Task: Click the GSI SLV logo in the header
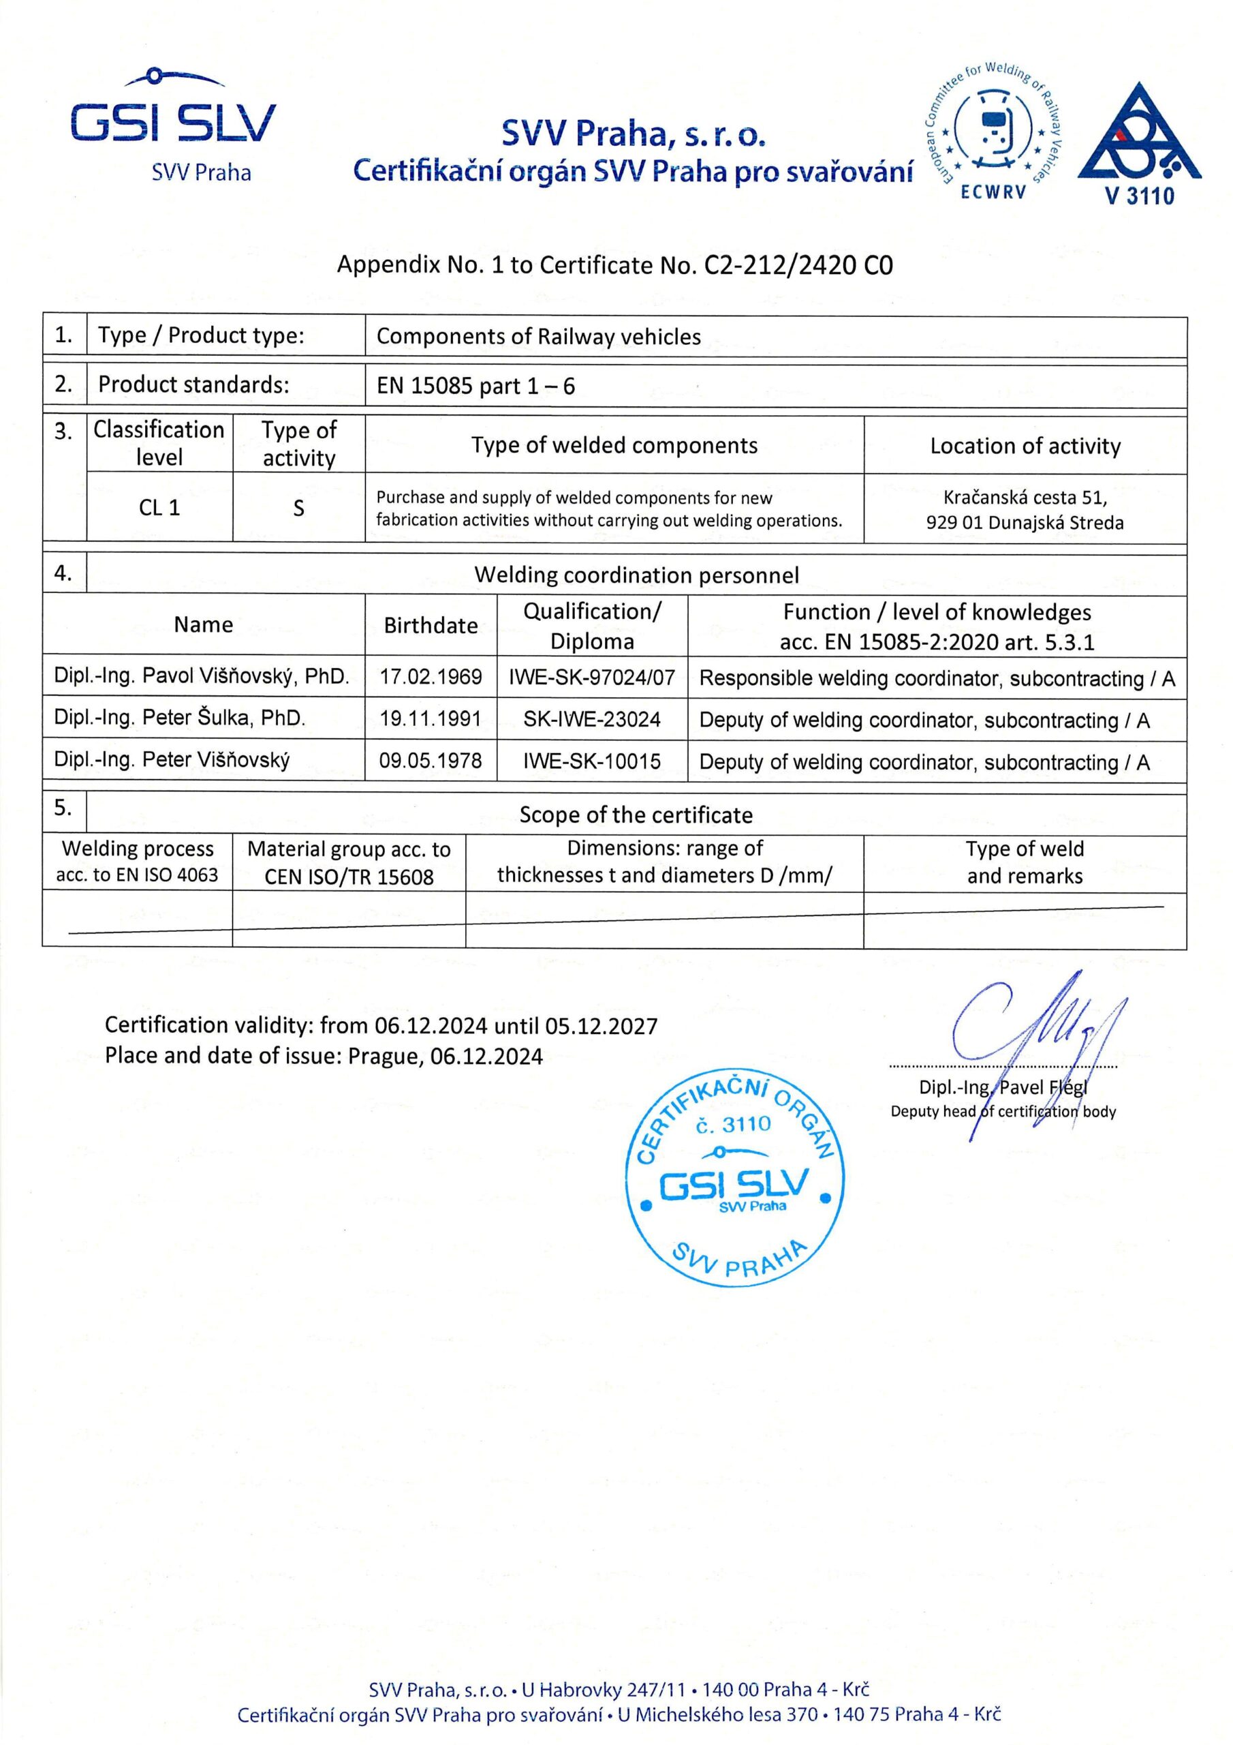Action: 173,125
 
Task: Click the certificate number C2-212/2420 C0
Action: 798,264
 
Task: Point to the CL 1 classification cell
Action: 159,508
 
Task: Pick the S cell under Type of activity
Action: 298,509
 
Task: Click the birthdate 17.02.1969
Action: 431,677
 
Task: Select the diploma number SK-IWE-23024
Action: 592,720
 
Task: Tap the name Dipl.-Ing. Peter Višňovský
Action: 172,760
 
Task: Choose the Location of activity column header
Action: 1025,446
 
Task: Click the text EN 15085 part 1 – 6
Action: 475,386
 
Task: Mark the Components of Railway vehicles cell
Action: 539,337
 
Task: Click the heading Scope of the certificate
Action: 636,815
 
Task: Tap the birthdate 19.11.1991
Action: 431,719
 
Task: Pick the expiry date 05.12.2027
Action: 601,1026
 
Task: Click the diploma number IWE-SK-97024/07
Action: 592,677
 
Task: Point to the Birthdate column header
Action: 431,626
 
